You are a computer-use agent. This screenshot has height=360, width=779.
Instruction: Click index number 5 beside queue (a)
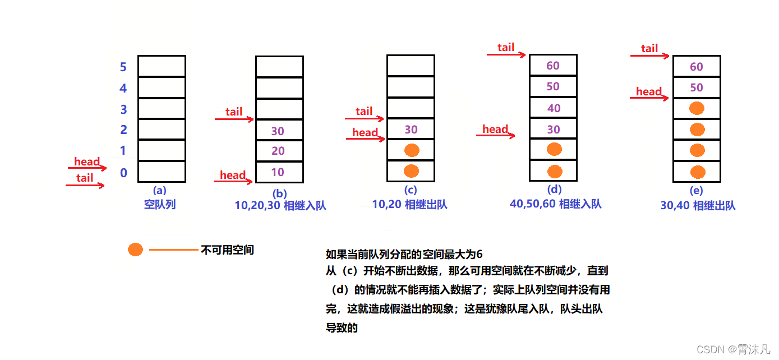(x=123, y=67)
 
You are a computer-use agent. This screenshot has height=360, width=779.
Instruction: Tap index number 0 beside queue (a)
(x=123, y=173)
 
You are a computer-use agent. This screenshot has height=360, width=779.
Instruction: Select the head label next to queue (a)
(x=87, y=162)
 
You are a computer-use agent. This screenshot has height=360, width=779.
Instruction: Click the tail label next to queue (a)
(x=85, y=178)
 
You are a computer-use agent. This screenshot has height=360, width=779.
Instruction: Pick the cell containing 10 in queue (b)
(x=279, y=172)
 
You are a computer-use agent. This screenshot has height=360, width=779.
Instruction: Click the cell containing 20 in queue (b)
(x=279, y=151)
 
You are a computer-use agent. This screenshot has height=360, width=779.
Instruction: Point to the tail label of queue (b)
(x=234, y=112)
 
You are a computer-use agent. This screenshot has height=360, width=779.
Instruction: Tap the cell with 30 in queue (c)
(x=411, y=130)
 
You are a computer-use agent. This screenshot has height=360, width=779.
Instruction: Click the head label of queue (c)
(x=365, y=132)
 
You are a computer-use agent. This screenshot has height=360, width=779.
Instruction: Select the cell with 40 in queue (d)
(x=553, y=108)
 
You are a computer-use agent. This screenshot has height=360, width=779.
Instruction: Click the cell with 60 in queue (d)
(x=553, y=66)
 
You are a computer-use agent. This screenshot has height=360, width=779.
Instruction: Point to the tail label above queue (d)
(x=506, y=47)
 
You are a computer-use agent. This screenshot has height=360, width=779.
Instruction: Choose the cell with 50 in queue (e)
(x=697, y=88)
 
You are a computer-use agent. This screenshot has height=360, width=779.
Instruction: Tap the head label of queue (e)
(x=649, y=91)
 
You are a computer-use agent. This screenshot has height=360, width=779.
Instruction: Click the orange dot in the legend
(x=135, y=250)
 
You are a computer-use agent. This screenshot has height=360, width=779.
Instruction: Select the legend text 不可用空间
(x=227, y=250)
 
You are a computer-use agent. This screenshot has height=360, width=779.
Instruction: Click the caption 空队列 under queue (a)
(x=160, y=204)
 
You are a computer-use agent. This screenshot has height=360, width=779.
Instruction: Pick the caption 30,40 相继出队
(x=698, y=205)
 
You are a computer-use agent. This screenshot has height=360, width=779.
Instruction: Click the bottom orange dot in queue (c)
(x=411, y=171)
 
